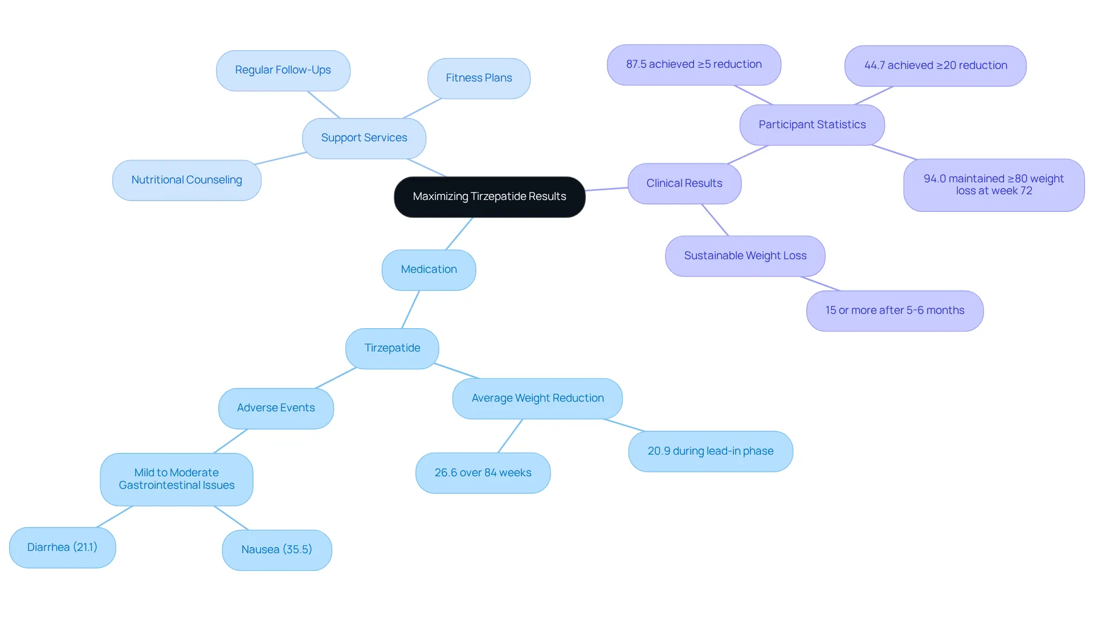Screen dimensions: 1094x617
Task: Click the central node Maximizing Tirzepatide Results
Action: pos(489,197)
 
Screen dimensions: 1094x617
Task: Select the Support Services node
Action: pos(364,138)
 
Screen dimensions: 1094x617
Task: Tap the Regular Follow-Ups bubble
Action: pos(283,70)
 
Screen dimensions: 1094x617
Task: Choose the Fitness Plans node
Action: pos(479,78)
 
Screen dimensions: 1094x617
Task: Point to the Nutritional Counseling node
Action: pos(187,180)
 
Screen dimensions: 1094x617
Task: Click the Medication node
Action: pos(429,269)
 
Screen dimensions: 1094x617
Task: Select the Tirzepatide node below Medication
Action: pos(392,348)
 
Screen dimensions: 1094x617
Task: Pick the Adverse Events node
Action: pos(276,408)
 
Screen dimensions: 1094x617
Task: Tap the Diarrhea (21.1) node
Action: pos(63,547)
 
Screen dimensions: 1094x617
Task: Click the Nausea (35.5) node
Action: pos(277,550)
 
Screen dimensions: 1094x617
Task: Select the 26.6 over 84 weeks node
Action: pos(483,473)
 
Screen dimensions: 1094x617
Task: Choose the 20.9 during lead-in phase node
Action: pos(711,451)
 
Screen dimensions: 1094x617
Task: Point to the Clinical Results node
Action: pos(684,183)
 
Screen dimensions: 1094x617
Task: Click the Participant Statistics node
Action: pos(812,125)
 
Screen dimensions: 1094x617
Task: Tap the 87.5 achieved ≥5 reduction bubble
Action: pos(694,65)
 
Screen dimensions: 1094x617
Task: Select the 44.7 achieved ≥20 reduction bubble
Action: pos(936,66)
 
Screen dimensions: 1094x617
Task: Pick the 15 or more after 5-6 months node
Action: pos(895,311)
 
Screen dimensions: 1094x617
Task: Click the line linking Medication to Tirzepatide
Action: pos(411,309)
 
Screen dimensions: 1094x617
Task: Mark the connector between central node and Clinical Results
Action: pos(606,189)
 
